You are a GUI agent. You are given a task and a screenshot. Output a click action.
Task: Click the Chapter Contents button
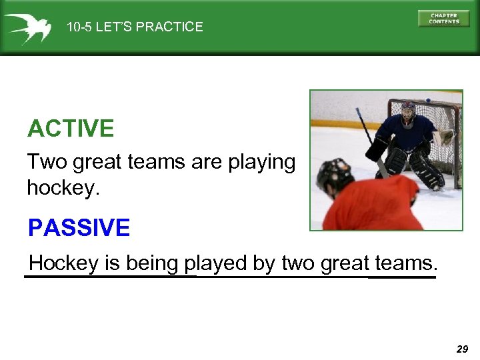(x=443, y=18)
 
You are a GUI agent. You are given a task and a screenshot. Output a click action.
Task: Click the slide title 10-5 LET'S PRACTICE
(x=135, y=27)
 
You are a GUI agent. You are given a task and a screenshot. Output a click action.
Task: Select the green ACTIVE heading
(x=71, y=129)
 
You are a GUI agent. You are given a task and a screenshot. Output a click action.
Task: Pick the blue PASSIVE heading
(x=79, y=228)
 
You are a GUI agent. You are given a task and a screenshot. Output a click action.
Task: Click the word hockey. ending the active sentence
(x=63, y=188)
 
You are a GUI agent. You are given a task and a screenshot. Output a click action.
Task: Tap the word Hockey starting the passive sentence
(x=63, y=263)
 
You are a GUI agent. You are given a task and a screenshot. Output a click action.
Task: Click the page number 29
(x=462, y=349)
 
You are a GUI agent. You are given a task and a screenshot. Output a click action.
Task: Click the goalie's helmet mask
(x=407, y=115)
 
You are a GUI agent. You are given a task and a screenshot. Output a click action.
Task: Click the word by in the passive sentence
(x=265, y=264)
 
